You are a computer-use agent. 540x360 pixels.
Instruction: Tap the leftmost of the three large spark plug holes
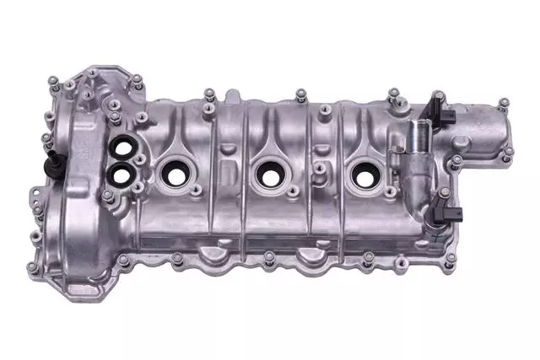pos(174,175)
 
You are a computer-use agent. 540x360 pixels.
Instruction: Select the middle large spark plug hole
pos(270,175)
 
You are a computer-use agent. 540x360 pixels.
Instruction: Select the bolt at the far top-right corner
pos(504,104)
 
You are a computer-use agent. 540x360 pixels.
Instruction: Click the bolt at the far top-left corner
pos(53,81)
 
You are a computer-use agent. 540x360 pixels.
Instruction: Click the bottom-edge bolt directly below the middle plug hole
pos(268,255)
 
